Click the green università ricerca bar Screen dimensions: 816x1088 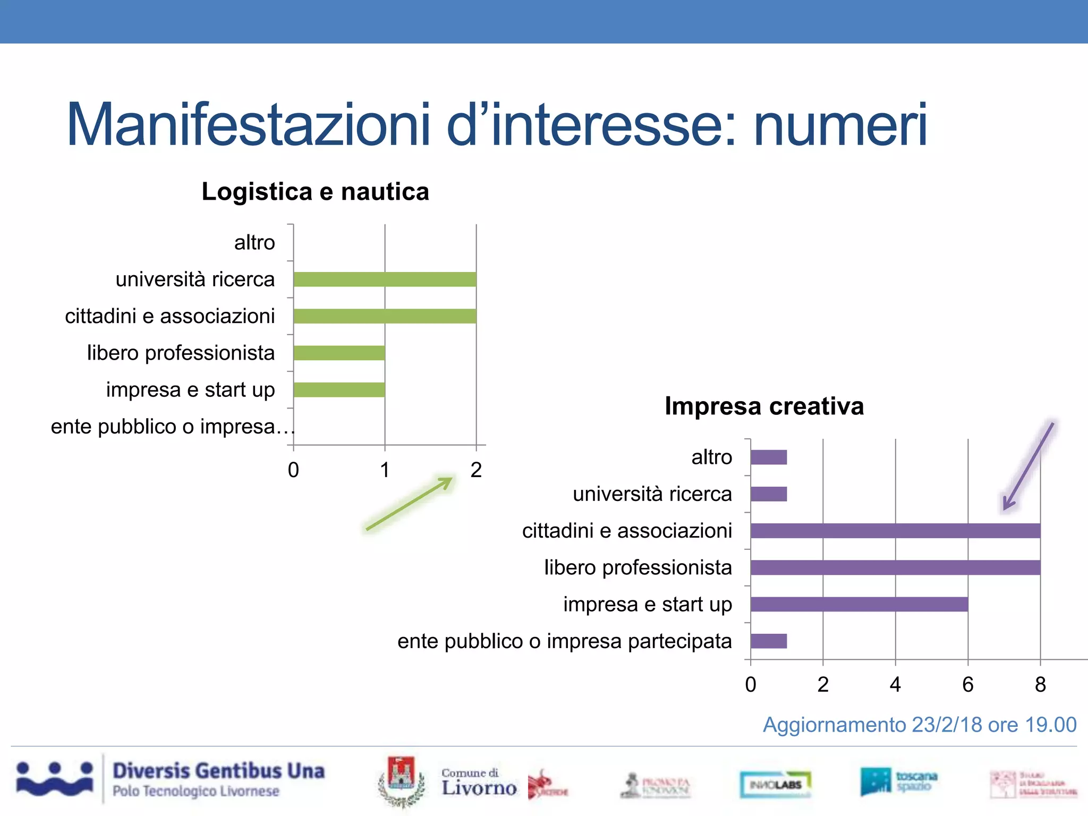(385, 279)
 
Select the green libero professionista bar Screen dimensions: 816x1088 (339, 353)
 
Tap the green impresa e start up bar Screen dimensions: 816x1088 (339, 390)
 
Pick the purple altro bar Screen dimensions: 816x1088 (769, 457)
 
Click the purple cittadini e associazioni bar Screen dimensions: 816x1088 (895, 531)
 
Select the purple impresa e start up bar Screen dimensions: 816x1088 (859, 605)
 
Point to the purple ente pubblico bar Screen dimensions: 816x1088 (769, 641)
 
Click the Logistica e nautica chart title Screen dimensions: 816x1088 (315, 192)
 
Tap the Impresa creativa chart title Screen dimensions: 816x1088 (764, 406)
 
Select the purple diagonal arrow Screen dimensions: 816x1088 (1028, 465)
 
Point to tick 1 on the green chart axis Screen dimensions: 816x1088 (385, 470)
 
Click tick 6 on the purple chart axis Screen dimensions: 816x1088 (967, 685)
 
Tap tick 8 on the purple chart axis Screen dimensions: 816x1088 (1040, 685)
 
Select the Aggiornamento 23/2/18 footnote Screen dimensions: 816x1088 (920, 725)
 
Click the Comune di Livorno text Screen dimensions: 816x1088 (478, 783)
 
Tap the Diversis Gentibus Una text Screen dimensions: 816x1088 (218, 771)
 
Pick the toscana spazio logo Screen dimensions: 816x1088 (899, 781)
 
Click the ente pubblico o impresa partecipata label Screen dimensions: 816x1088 (564, 641)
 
